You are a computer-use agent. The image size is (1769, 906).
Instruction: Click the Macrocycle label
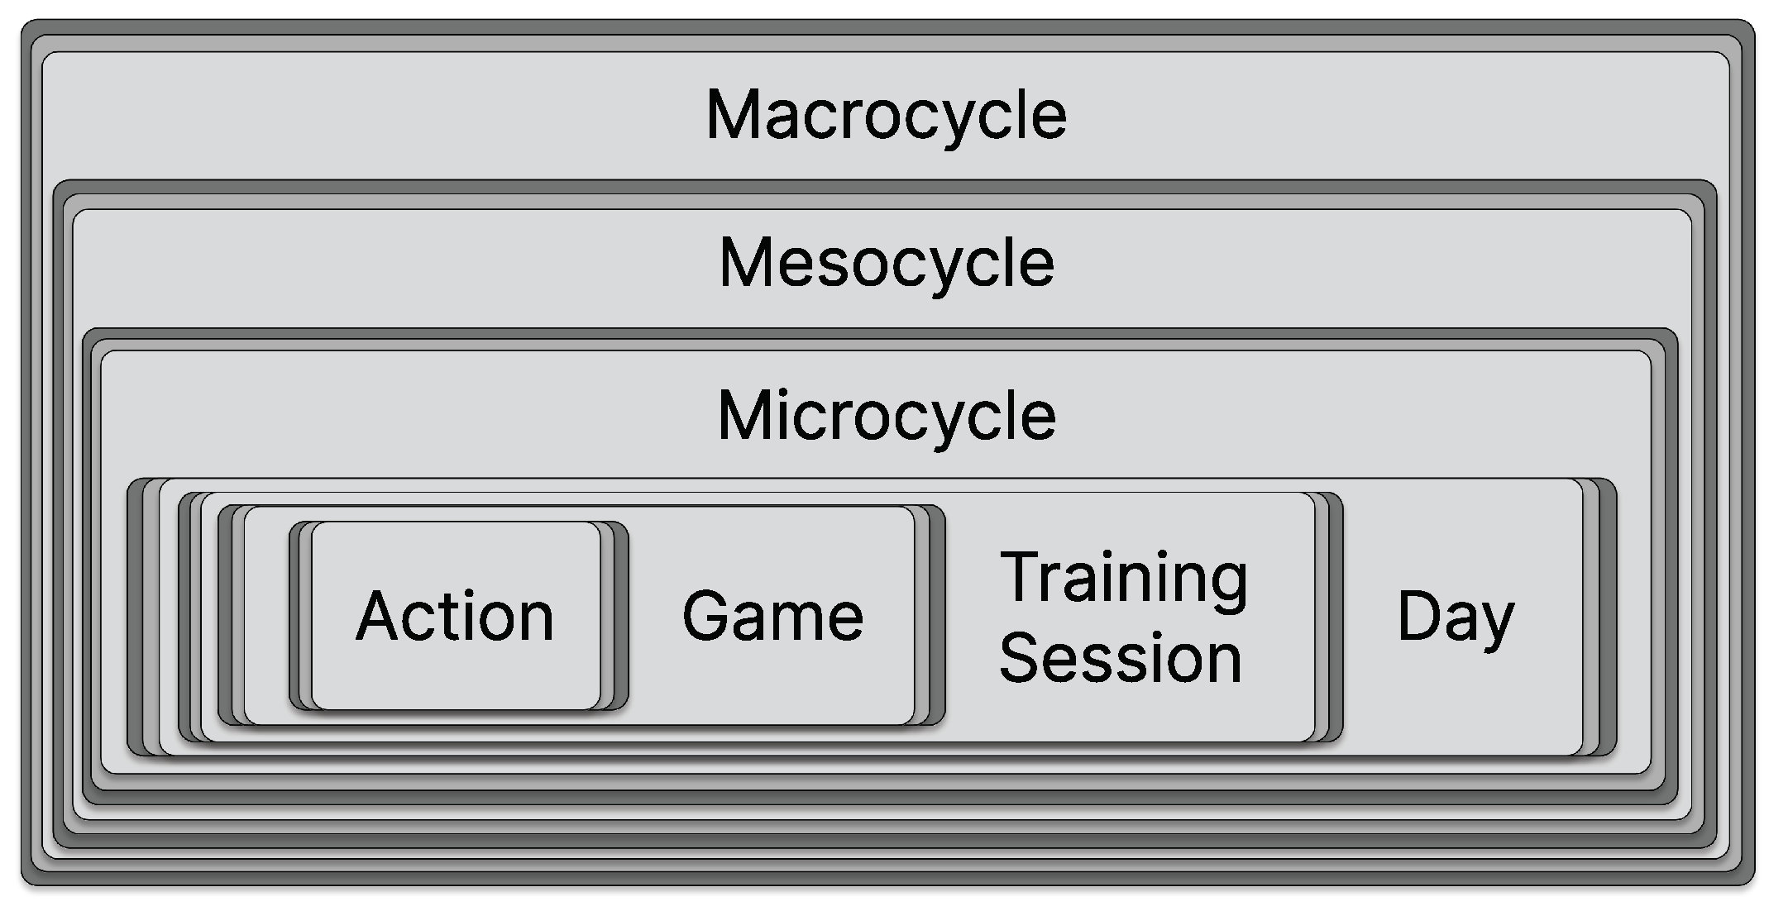(886, 116)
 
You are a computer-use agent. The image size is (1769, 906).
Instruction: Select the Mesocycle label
(887, 263)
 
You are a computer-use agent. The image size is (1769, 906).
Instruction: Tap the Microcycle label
(887, 415)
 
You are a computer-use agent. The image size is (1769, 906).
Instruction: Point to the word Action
(455, 617)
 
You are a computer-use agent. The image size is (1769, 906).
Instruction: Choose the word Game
(772, 617)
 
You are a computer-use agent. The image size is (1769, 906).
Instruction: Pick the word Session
(1121, 658)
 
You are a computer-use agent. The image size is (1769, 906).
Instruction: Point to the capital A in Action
(378, 616)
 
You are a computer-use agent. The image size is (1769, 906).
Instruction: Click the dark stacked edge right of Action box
(620, 616)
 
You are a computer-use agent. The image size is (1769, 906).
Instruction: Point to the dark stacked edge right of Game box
(936, 616)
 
